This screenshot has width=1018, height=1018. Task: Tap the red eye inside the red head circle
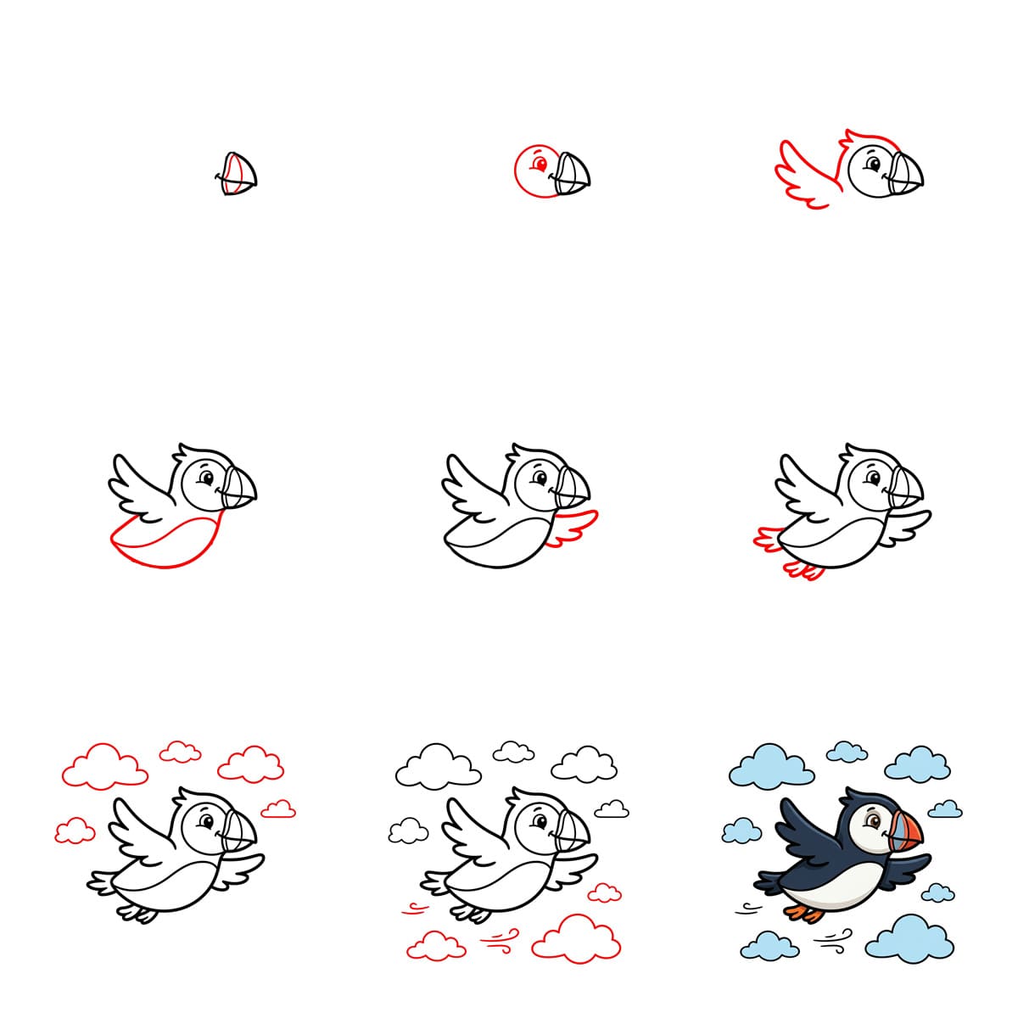click(x=537, y=164)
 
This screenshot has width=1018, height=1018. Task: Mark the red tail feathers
click(x=769, y=540)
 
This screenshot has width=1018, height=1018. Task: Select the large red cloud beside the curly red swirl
click(x=577, y=937)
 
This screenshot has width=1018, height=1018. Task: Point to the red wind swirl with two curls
click(x=500, y=937)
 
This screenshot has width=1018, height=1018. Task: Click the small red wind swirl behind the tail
click(x=415, y=909)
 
